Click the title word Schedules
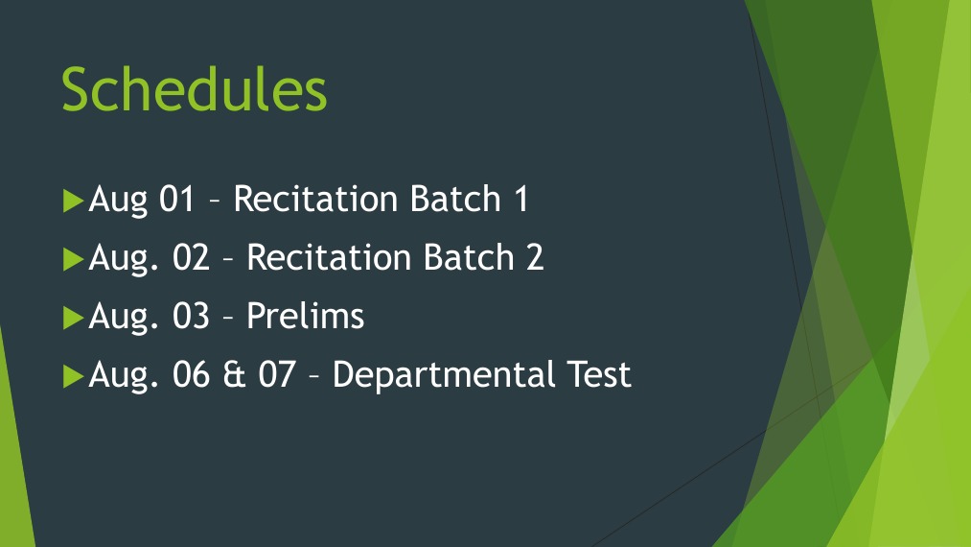195,89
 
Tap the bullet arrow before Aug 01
74,201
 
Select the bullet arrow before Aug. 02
74,259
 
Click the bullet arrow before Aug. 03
74,318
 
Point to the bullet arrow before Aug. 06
74,376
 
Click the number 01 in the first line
176,200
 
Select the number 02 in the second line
190,258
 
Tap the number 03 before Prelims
190,317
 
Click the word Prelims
306,317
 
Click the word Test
597,374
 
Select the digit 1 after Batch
520,200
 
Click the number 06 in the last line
190,375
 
